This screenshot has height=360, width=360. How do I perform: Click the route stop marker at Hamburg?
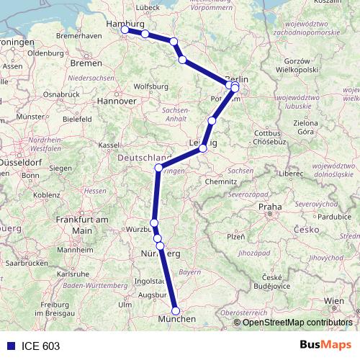[125, 30]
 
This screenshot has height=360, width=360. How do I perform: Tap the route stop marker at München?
[176, 310]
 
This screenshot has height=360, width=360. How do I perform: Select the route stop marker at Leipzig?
[203, 148]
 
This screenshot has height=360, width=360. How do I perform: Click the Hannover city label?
[117, 102]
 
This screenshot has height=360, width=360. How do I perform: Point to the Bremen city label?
[86, 63]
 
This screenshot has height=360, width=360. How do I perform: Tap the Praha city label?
[271, 207]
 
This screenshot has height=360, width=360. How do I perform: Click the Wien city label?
[333, 300]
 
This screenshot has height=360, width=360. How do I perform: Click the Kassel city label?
[109, 145]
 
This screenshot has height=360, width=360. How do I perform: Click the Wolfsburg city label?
[151, 86]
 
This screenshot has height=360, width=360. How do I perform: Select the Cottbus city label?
[266, 133]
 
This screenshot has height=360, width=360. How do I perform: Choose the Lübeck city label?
[147, 7]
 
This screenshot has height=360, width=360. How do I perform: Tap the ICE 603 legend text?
[40, 346]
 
